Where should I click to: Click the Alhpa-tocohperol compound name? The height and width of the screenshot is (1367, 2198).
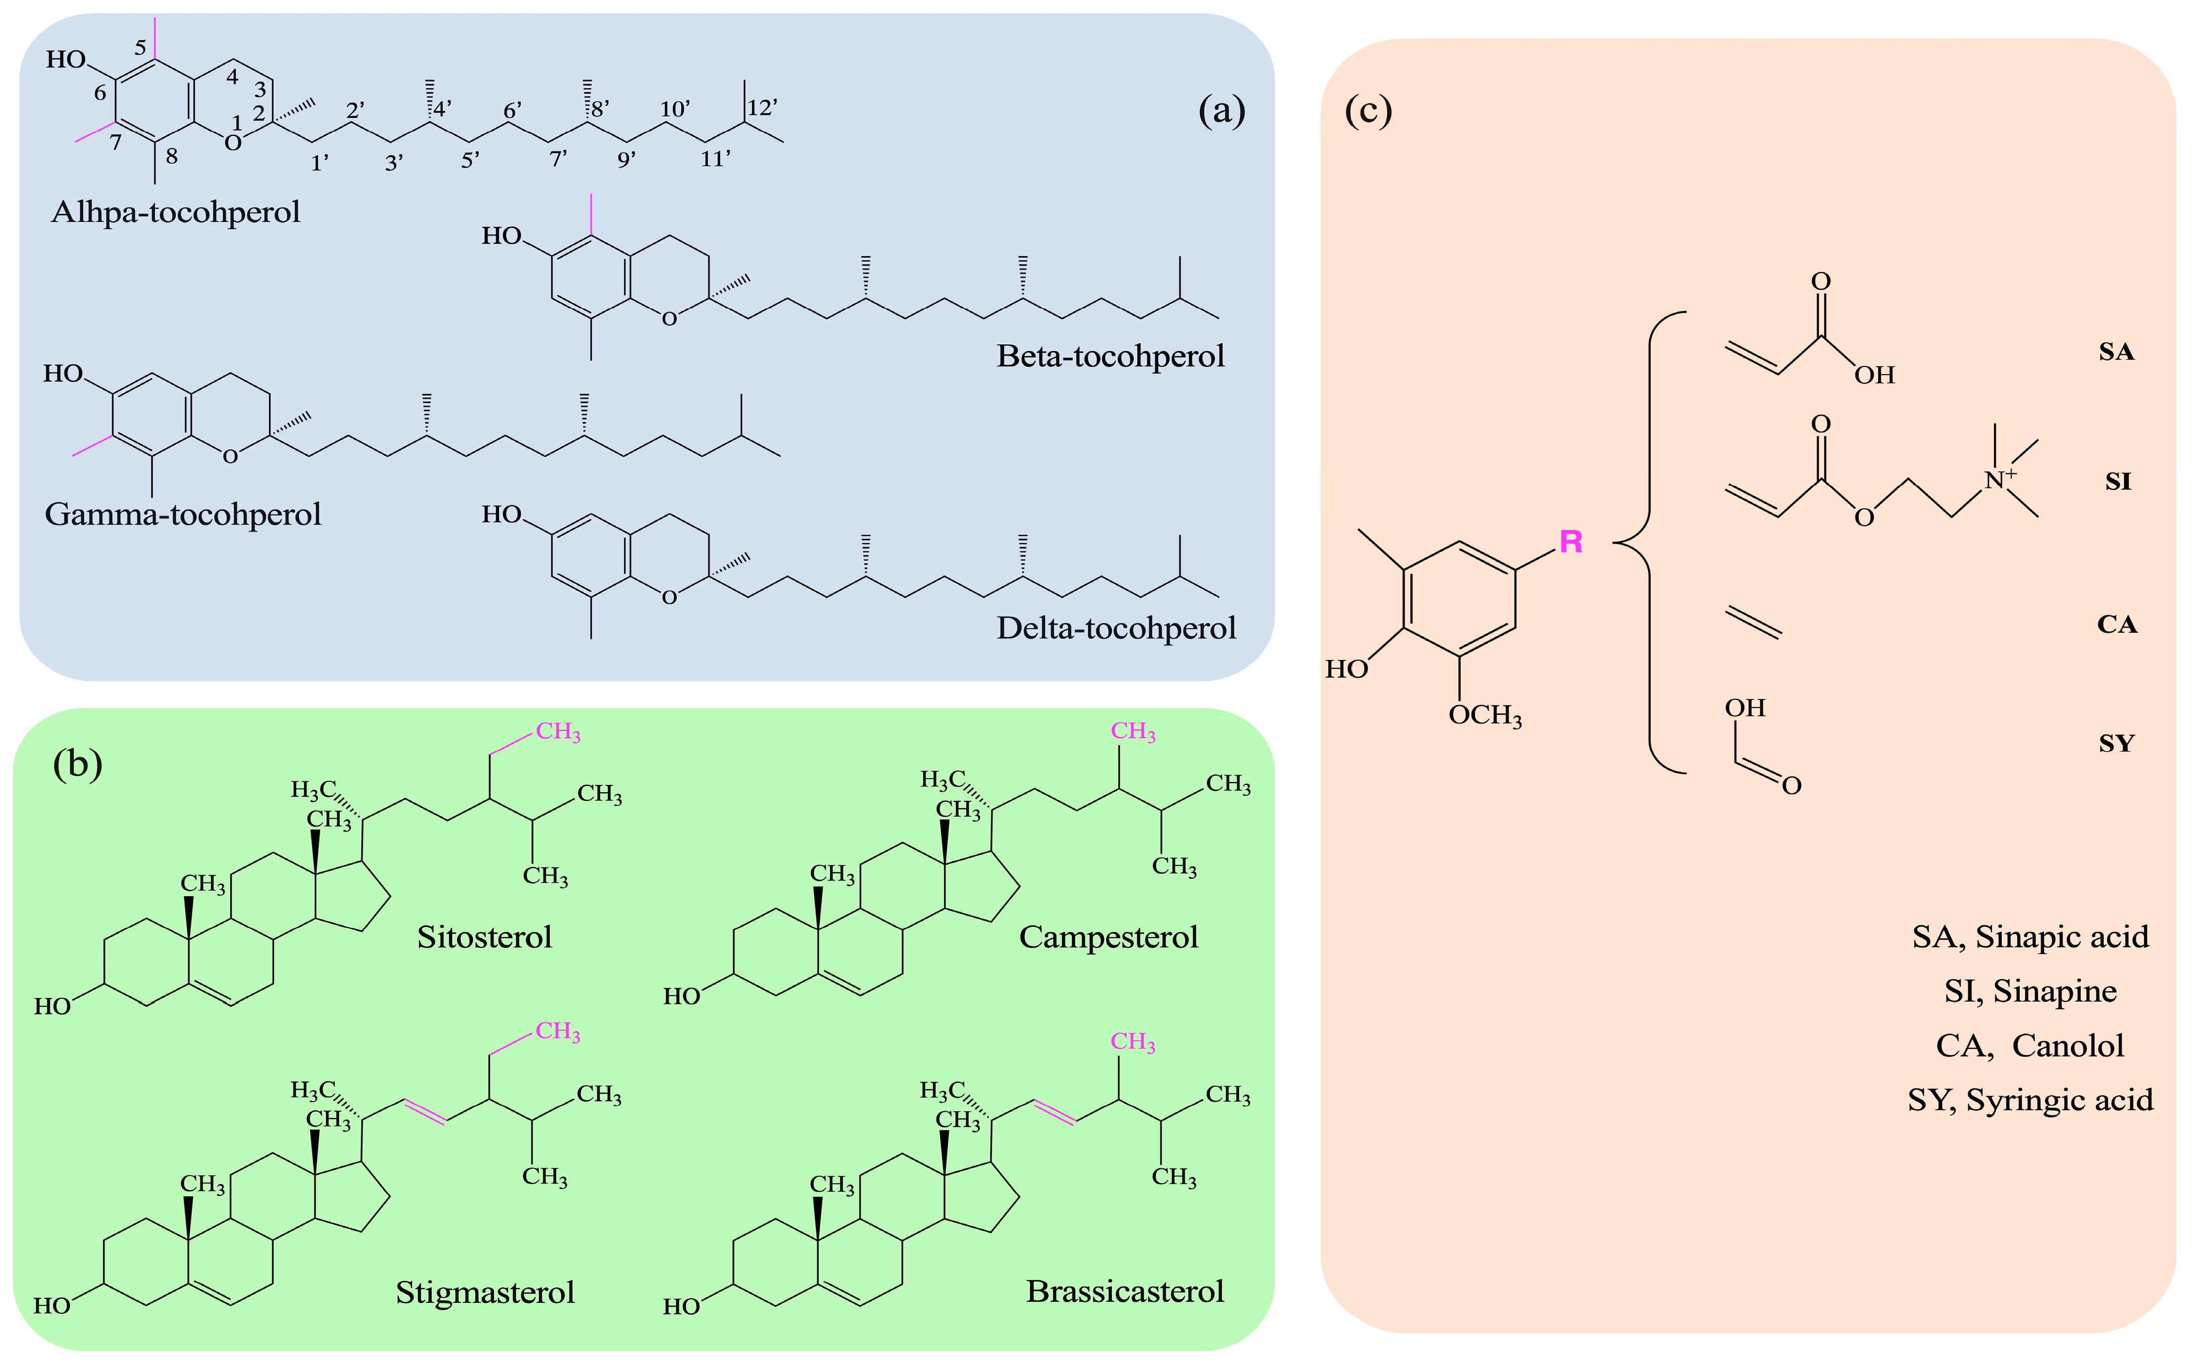[175, 212]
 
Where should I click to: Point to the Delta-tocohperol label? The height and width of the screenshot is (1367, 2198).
[1115, 628]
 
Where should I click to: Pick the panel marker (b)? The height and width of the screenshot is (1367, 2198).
[78, 764]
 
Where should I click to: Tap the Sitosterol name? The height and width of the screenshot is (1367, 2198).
[484, 937]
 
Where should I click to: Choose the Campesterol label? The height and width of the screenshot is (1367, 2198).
[1108, 937]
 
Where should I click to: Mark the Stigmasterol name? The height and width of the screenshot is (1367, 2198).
[485, 1292]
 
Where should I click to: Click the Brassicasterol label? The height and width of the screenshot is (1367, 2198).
[1124, 1291]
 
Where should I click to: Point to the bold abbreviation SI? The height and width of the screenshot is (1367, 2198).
[2118, 481]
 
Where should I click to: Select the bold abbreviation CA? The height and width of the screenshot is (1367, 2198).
[2116, 624]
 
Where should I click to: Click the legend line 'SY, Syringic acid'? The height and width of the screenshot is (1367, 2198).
[2030, 1100]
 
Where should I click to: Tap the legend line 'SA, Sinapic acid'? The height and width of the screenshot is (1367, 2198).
[2030, 937]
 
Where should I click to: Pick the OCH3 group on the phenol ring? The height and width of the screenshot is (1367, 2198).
[1484, 715]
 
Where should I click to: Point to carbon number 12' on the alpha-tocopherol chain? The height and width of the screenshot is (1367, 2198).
[762, 108]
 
